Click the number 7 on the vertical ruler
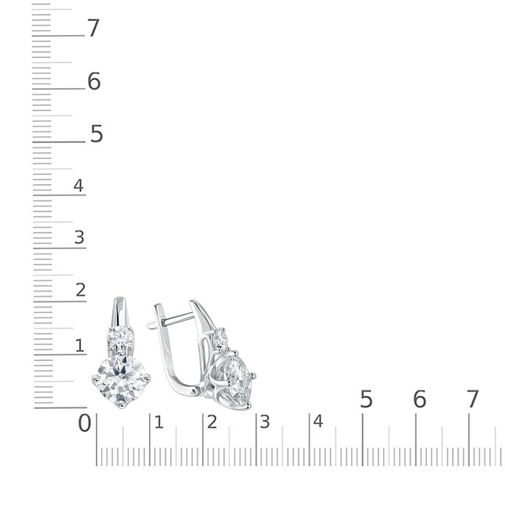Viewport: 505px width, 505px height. pos(93,28)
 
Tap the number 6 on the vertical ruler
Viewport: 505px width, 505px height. pos(94,81)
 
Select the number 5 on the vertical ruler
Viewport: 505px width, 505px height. pos(97,134)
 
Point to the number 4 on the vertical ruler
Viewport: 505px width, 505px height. pos(78,185)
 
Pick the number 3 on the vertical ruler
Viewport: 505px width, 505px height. pos(79,237)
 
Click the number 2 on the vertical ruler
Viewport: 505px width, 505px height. pos(81,290)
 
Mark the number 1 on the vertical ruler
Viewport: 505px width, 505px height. pos(80,345)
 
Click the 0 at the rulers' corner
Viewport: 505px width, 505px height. pos(85,423)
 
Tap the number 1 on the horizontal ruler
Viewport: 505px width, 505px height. pos(159,423)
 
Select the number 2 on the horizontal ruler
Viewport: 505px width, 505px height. pos(212,422)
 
